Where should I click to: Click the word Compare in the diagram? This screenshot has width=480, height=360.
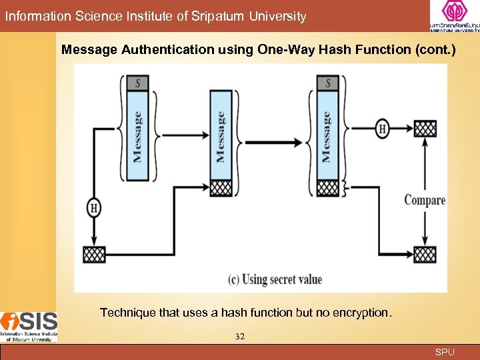click(x=425, y=200)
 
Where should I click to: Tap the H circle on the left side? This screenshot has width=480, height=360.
click(x=94, y=208)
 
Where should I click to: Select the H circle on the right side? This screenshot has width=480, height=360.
click(x=382, y=129)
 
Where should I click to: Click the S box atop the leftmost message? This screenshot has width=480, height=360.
click(x=137, y=83)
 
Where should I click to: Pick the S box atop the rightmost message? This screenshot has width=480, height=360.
click(x=327, y=83)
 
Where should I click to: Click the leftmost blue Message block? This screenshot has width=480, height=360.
click(x=137, y=136)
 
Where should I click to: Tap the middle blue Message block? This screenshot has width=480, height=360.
click(x=221, y=136)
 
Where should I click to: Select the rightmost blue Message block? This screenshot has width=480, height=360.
click(x=327, y=136)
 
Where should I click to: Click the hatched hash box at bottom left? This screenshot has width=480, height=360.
click(x=94, y=254)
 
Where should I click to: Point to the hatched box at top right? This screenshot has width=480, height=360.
click(x=425, y=129)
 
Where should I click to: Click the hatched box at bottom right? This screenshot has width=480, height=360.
click(x=425, y=254)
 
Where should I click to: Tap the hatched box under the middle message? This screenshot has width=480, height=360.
click(x=221, y=188)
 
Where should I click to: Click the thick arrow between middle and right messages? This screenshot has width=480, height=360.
click(x=273, y=142)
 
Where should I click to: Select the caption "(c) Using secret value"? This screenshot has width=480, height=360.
click(x=275, y=279)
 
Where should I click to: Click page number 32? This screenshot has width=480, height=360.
click(x=240, y=337)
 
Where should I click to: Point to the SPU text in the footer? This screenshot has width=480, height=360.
click(x=445, y=352)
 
